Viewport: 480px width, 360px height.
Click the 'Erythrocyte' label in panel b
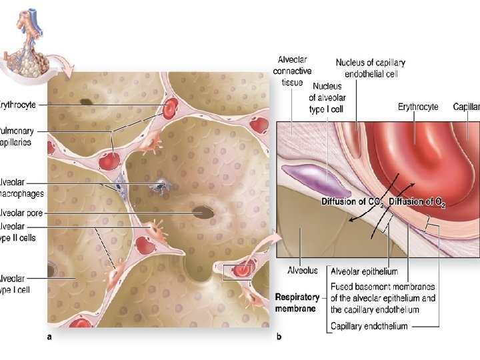pos(418,107)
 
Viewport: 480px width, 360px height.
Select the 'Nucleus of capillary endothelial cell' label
pos(370,68)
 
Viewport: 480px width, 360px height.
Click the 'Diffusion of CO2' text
pos(352,202)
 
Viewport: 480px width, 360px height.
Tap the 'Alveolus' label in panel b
pos(302,271)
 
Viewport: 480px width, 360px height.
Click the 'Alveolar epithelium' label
pos(365,271)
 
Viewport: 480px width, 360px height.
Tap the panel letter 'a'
pos(49,337)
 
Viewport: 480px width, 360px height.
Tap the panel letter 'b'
pos(279,337)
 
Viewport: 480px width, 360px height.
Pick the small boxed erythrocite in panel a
pos(239,271)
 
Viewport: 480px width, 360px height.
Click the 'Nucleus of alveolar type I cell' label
pos(326,97)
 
